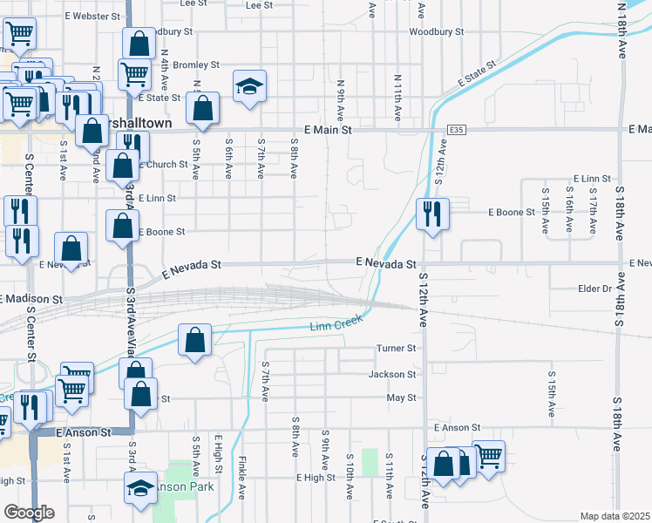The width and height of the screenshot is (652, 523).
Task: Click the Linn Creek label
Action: tap(336, 328)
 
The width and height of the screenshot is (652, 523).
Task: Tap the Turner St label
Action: tap(397, 348)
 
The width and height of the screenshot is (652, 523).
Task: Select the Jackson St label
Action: tap(392, 374)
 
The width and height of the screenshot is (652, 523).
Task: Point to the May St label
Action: tap(401, 397)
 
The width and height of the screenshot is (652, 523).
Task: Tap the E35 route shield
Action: tap(455, 129)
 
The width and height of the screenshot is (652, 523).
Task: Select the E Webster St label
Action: tap(90, 16)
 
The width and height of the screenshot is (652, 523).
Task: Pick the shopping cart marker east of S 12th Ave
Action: tap(487, 457)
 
